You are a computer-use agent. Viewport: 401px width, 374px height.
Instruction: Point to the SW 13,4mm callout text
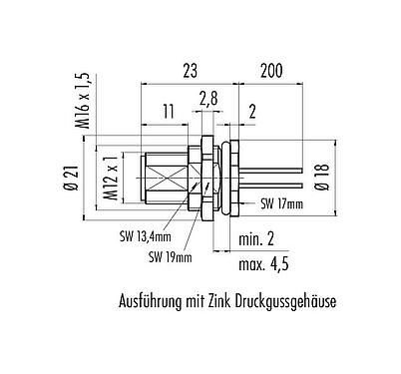[x=141, y=237]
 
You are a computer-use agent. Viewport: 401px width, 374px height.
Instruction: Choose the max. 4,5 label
[x=263, y=264]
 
